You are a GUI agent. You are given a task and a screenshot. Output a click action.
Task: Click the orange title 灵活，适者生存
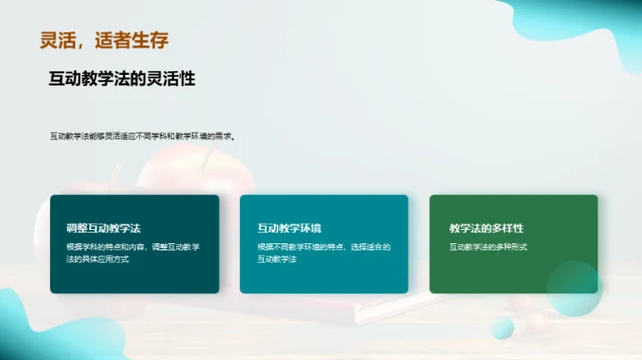tap(104, 39)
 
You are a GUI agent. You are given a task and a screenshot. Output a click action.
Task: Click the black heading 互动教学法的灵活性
tap(122, 78)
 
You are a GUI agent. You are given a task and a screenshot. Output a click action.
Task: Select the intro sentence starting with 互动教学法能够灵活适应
tap(142, 136)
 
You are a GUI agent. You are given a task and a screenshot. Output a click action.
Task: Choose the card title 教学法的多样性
tap(486, 228)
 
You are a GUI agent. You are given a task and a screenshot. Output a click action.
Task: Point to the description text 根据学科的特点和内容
tap(133, 252)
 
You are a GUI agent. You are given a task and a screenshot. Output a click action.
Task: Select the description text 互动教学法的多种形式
tap(488, 247)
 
